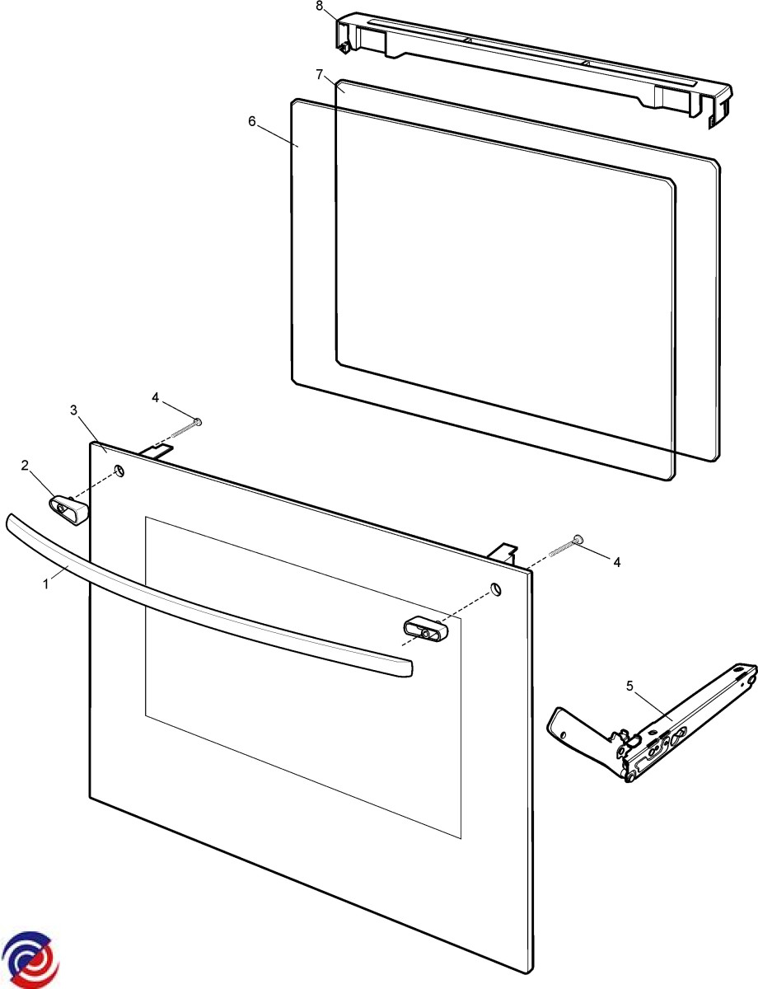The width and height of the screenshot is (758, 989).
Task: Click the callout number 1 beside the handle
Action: [46, 584]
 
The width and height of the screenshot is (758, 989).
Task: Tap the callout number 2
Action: [25, 465]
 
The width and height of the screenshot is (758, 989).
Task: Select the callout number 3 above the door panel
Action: [73, 410]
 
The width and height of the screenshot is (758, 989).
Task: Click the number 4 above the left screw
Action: [156, 397]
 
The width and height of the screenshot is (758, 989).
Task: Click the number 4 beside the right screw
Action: [617, 563]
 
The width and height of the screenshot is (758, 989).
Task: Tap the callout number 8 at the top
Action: [319, 6]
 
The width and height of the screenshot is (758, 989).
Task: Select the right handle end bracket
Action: [425, 630]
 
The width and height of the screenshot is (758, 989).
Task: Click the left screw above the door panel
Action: [186, 428]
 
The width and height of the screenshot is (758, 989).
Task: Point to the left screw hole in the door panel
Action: [119, 470]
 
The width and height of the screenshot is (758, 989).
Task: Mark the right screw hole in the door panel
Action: [495, 588]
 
